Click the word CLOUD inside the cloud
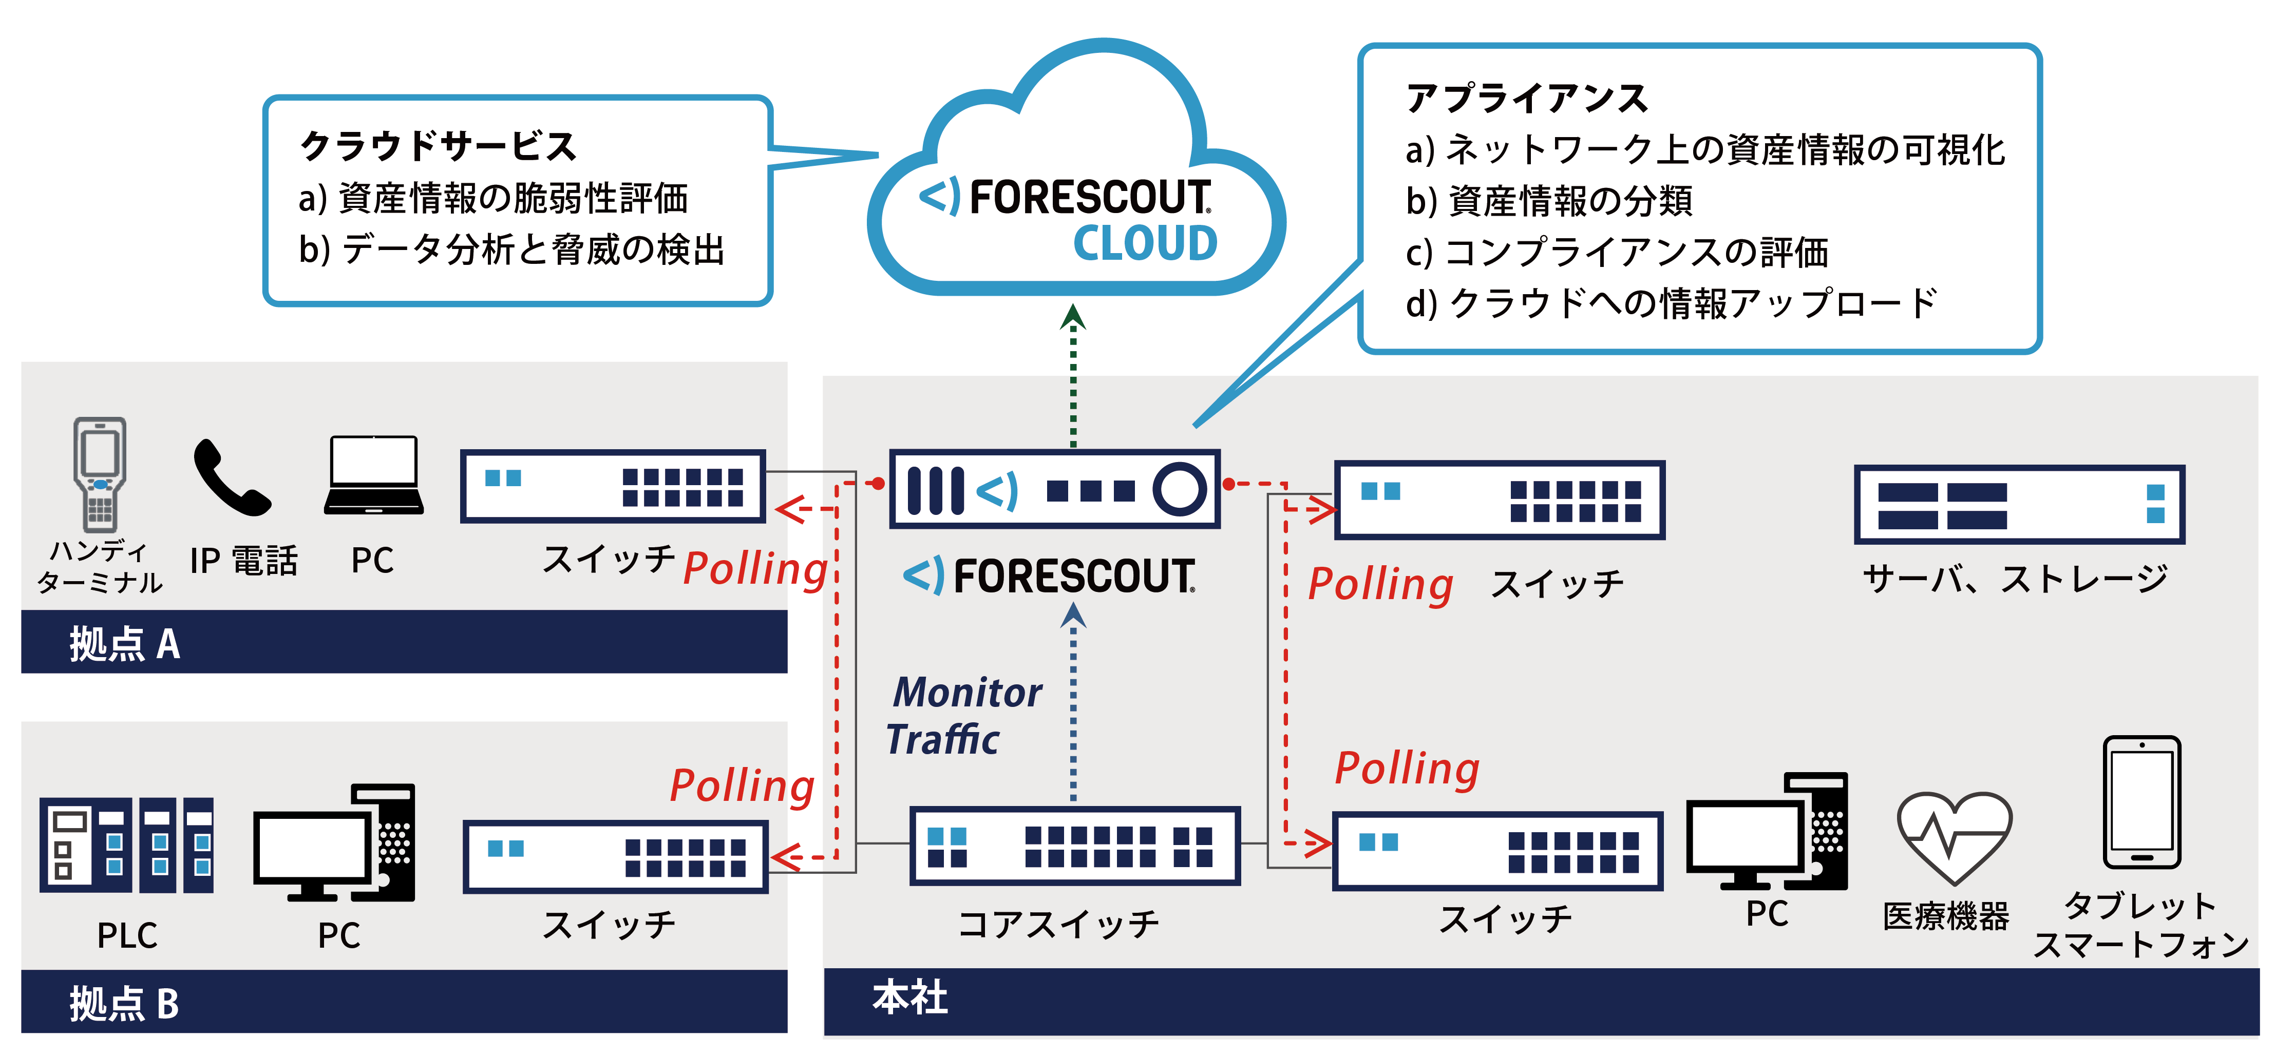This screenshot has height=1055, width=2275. [x=1145, y=244]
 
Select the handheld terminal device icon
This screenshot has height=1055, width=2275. [x=100, y=474]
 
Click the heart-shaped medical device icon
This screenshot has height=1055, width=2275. [x=1954, y=837]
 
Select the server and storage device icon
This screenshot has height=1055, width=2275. [x=2018, y=504]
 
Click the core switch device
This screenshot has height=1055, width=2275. [x=1074, y=846]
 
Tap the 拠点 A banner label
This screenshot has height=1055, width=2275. [x=124, y=644]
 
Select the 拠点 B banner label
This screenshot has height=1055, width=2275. [x=124, y=1004]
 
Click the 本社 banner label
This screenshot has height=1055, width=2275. [x=909, y=998]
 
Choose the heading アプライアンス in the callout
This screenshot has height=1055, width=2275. [x=1526, y=98]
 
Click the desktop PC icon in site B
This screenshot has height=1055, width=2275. [x=334, y=843]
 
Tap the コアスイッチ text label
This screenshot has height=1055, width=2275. [x=1058, y=924]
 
